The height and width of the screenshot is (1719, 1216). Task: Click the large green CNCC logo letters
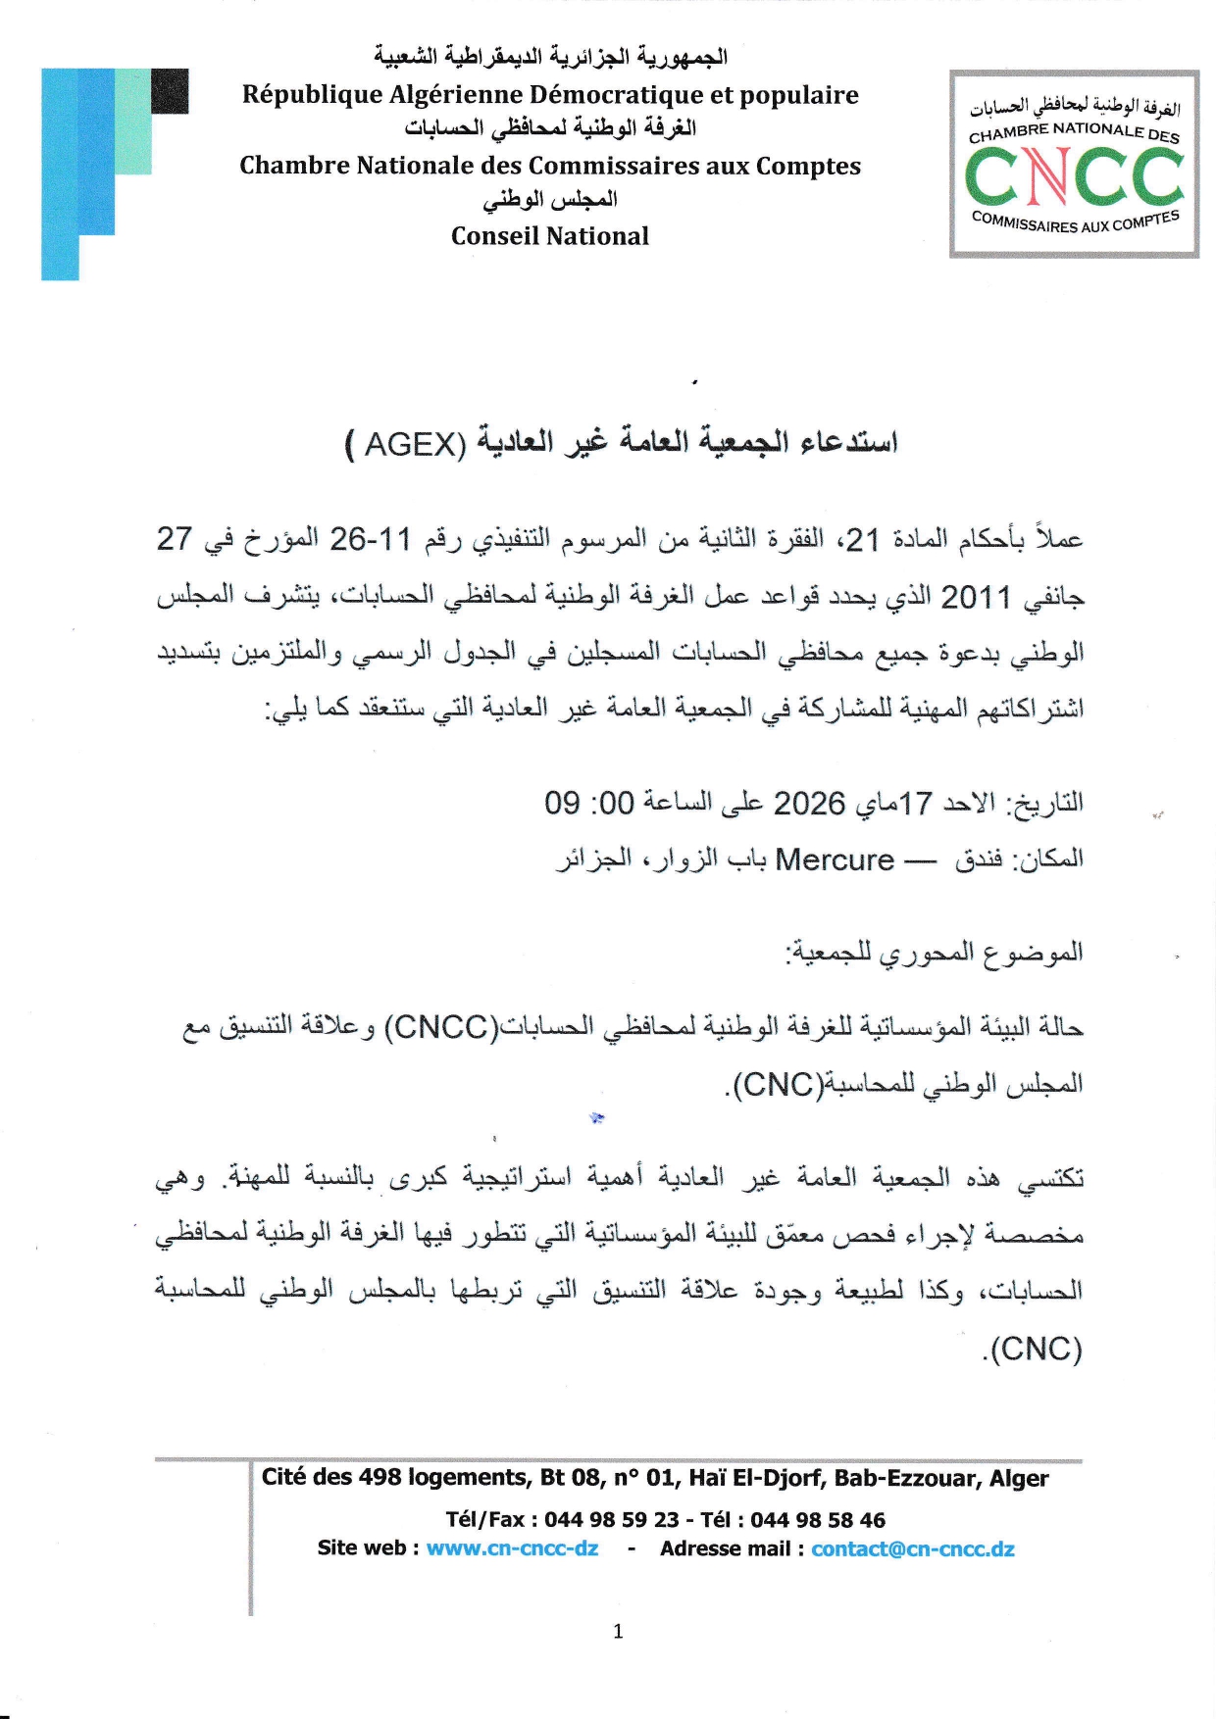tap(1074, 176)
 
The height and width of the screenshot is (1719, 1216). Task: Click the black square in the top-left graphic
tap(170, 90)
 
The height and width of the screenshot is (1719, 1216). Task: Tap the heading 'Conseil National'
tap(549, 236)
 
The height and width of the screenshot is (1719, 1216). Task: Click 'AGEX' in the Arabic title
tap(414, 445)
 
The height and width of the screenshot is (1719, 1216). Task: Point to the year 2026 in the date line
tap(809, 804)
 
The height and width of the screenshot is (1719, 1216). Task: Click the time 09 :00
tap(589, 804)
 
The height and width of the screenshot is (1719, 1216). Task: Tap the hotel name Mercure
tap(835, 860)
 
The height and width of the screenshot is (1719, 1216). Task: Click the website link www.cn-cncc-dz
tap(512, 1548)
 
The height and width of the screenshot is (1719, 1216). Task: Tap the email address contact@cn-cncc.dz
tap(912, 1548)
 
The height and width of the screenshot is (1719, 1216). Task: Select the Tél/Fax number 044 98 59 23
tap(611, 1520)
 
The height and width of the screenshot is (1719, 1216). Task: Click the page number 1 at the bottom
tap(618, 1631)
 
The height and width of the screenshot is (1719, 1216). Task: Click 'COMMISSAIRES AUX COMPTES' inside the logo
tap(1075, 222)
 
